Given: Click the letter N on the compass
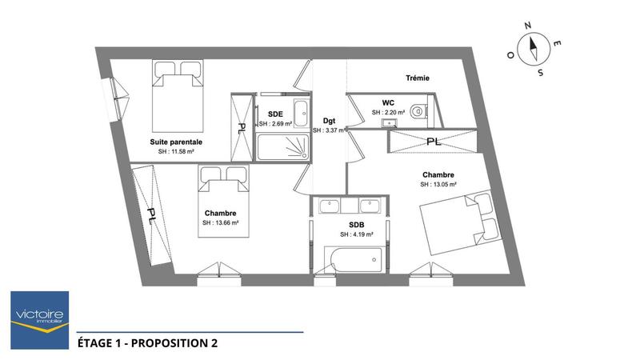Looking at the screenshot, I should pos(528,26).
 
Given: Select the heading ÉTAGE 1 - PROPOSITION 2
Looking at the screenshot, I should pos(147,343).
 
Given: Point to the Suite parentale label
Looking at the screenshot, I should pos(176,142).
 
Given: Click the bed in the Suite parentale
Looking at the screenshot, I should pos(177,95).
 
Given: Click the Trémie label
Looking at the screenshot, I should pos(417,78).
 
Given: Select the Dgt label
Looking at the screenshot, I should pos(328,120).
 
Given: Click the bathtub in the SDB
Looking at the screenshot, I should pos(353,259).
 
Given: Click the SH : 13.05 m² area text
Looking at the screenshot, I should pos(438,184).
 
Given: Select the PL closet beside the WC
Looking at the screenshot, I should pos(433,142).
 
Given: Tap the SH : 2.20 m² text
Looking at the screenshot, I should pos(388,113).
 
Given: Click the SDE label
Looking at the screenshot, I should pos(275,114).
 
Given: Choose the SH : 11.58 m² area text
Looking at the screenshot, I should pos(176,151).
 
